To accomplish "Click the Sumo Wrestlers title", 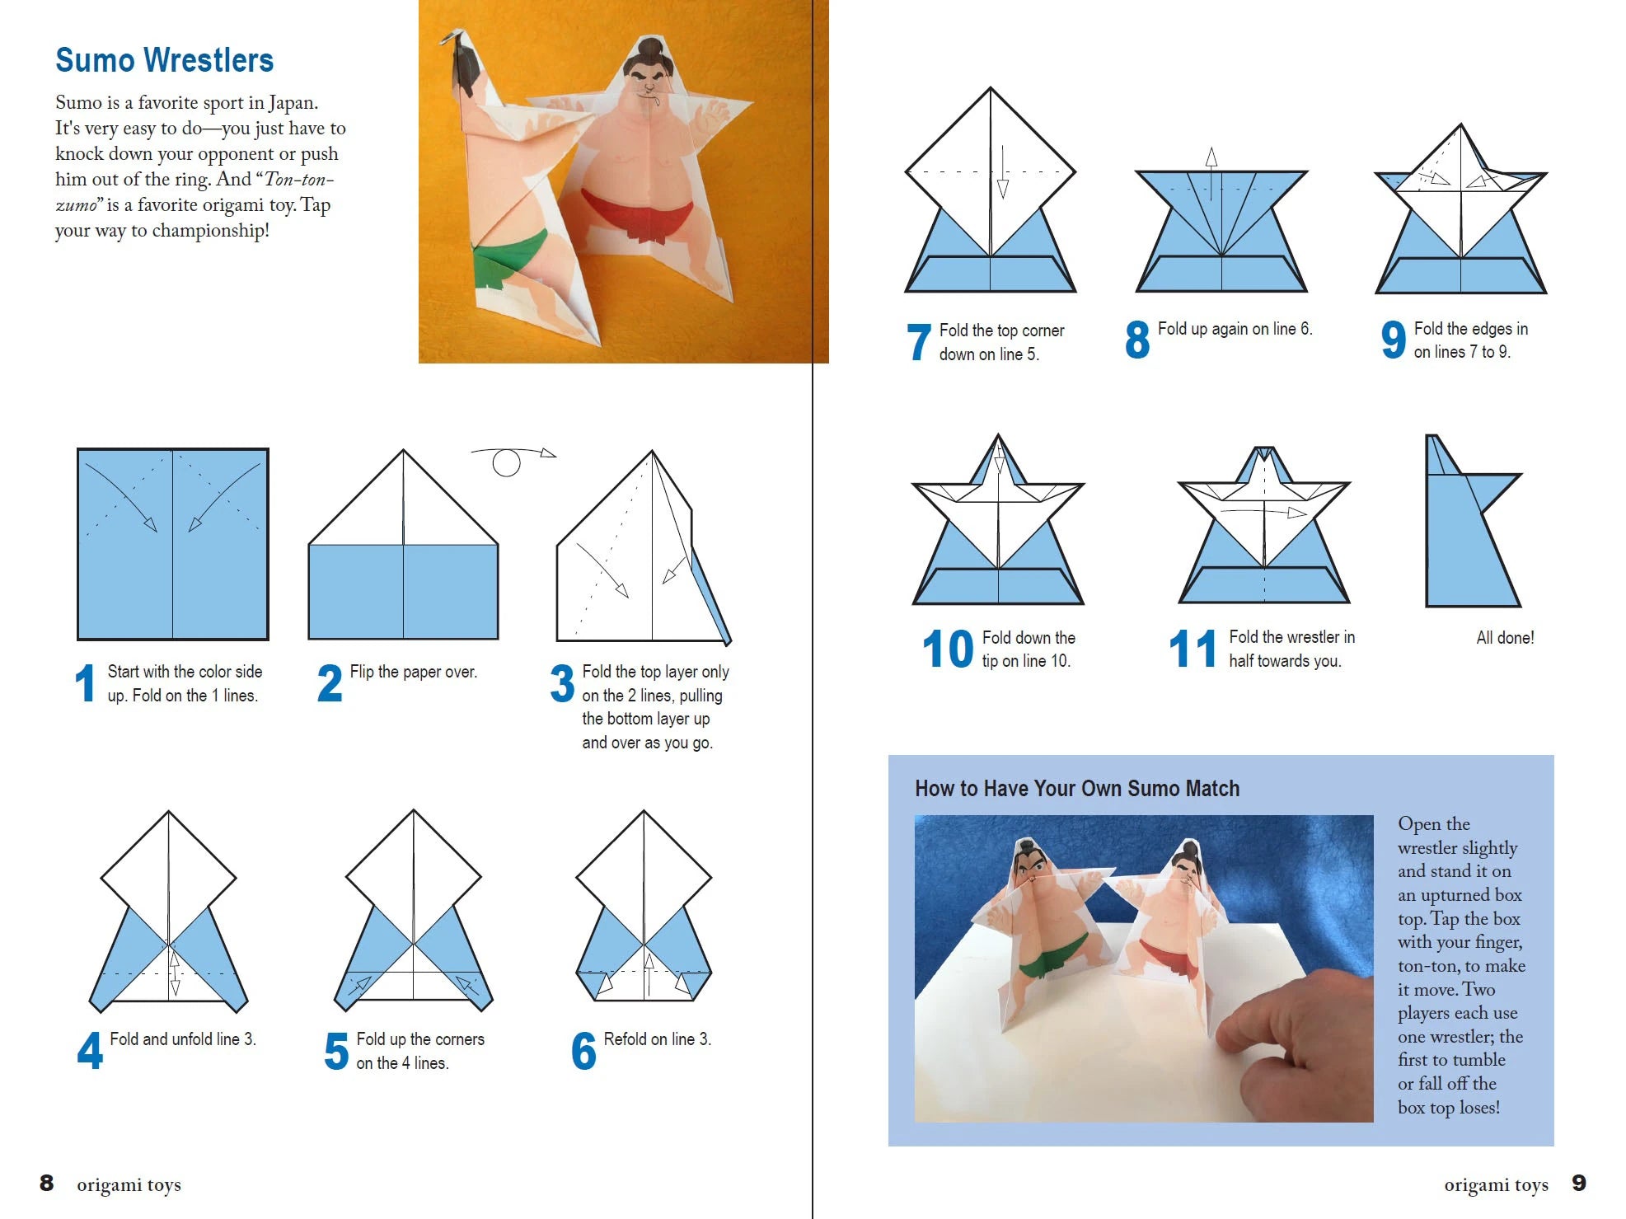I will [164, 60].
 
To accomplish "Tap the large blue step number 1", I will [85, 683].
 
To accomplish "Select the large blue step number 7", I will [918, 342].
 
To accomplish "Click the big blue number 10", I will [947, 649].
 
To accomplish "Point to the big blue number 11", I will [1192, 649].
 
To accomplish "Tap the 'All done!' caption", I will [1504, 637].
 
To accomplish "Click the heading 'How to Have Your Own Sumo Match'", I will [1076, 789].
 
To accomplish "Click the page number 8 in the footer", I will [47, 1184].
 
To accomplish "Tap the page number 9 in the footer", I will [1578, 1184].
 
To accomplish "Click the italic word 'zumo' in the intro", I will [76, 205].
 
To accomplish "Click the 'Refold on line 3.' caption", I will [657, 1039].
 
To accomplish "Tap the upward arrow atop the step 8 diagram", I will [1211, 158].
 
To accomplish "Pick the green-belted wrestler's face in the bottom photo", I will [1032, 865].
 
